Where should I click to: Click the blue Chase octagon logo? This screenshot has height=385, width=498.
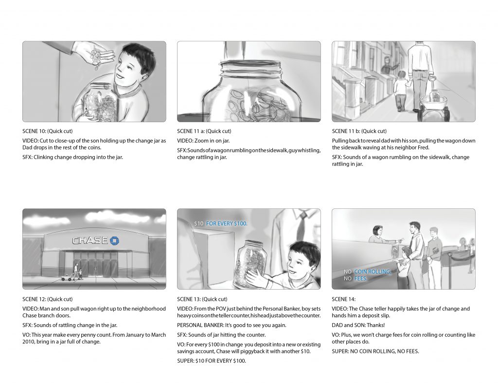pos(114,240)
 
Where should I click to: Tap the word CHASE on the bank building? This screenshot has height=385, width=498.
pos(90,240)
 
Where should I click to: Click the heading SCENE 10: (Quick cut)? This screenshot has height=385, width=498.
pos(47,131)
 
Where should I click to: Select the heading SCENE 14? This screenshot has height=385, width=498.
pos(344,299)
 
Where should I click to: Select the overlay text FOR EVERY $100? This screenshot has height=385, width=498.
pos(227,223)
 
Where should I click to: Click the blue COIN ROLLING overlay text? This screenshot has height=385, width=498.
pos(373,272)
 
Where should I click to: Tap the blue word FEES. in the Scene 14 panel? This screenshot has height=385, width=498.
pos(360,278)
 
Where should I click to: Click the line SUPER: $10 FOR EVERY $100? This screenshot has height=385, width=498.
pos(212,361)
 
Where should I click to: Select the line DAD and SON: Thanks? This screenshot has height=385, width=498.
pos(358,325)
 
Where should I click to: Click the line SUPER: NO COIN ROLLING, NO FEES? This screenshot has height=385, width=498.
pos(375,351)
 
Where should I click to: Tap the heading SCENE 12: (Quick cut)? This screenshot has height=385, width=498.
pos(47,299)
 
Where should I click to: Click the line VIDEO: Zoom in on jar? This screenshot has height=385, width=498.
pos(203,141)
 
